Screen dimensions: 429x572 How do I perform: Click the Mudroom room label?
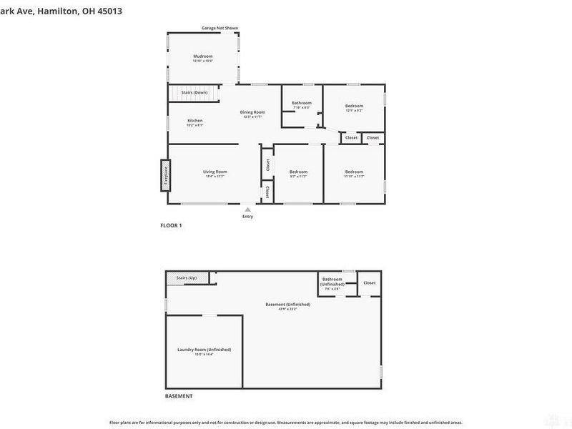tap(202, 56)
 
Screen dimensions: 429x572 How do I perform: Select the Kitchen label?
tap(195, 120)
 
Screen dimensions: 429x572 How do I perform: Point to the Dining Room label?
tap(252, 112)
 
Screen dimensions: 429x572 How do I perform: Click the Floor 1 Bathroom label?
tap(301, 103)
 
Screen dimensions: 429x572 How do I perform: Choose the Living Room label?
tap(214, 172)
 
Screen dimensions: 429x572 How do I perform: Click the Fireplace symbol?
tap(164, 176)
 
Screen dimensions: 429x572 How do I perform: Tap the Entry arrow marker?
tap(247, 209)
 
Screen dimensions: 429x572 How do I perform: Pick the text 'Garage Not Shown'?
tap(220, 28)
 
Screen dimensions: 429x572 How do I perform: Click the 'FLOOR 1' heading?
tap(171, 226)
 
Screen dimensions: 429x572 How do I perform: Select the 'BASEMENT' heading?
tap(179, 396)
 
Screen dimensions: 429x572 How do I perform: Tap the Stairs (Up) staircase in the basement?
tap(187, 277)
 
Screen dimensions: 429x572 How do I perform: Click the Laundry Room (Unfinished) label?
tap(204, 350)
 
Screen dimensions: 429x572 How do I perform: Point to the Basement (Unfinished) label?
tap(287, 305)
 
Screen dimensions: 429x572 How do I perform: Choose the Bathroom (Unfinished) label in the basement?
tap(332, 281)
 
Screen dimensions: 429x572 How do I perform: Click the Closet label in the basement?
tap(369, 282)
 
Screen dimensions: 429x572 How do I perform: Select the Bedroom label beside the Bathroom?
tap(354, 106)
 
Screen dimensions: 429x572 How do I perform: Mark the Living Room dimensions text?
tap(214, 177)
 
